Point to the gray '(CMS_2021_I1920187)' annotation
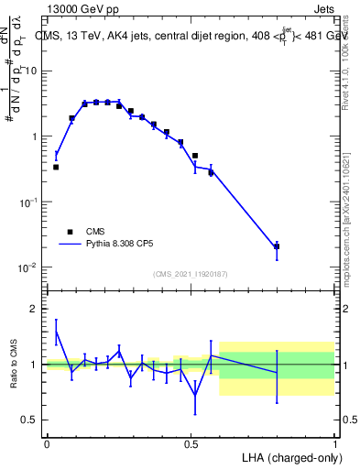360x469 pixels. coord(191,273)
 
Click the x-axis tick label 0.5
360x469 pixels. coord(191,443)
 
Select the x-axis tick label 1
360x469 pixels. coord(334,443)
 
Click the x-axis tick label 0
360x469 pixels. coord(47,443)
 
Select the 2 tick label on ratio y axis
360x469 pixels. coord(36,310)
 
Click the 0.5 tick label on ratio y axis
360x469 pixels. coord(32,420)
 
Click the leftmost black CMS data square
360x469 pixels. coord(56,167)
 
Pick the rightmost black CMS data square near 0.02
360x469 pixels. coord(277,246)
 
